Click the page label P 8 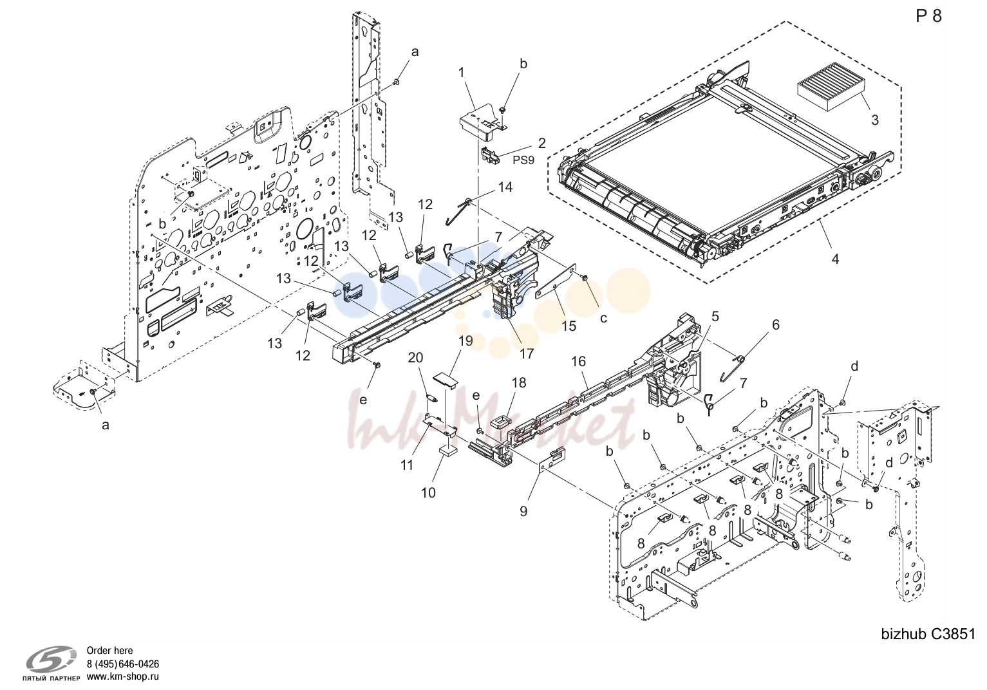(x=928, y=17)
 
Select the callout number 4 (x=835, y=259)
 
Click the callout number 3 (x=874, y=120)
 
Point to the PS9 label (x=523, y=160)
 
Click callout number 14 (x=505, y=187)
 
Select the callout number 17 (x=527, y=354)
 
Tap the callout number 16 (x=579, y=362)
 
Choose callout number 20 (x=415, y=359)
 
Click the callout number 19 (x=465, y=341)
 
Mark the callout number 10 (x=428, y=492)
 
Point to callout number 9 (x=523, y=512)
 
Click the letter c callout (x=603, y=318)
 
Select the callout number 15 (x=569, y=326)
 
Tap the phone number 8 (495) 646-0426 (x=123, y=664)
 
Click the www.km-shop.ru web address (x=123, y=676)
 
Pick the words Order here (x=109, y=650)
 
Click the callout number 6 (x=775, y=325)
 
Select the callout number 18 (x=519, y=382)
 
